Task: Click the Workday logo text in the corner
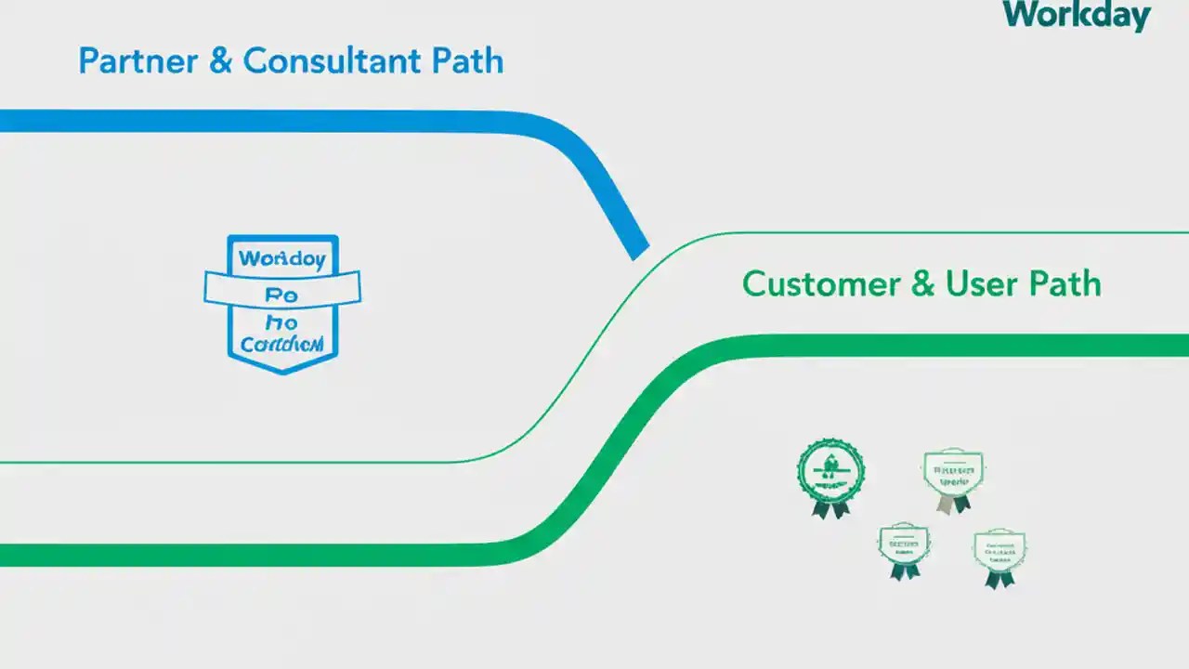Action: click(1078, 16)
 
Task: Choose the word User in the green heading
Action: click(982, 283)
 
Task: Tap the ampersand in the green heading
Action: click(922, 283)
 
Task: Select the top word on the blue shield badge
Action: click(282, 258)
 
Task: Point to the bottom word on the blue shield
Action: click(281, 344)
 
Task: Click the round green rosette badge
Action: click(830, 472)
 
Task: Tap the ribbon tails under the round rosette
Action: click(830, 508)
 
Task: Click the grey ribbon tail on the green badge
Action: click(945, 505)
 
